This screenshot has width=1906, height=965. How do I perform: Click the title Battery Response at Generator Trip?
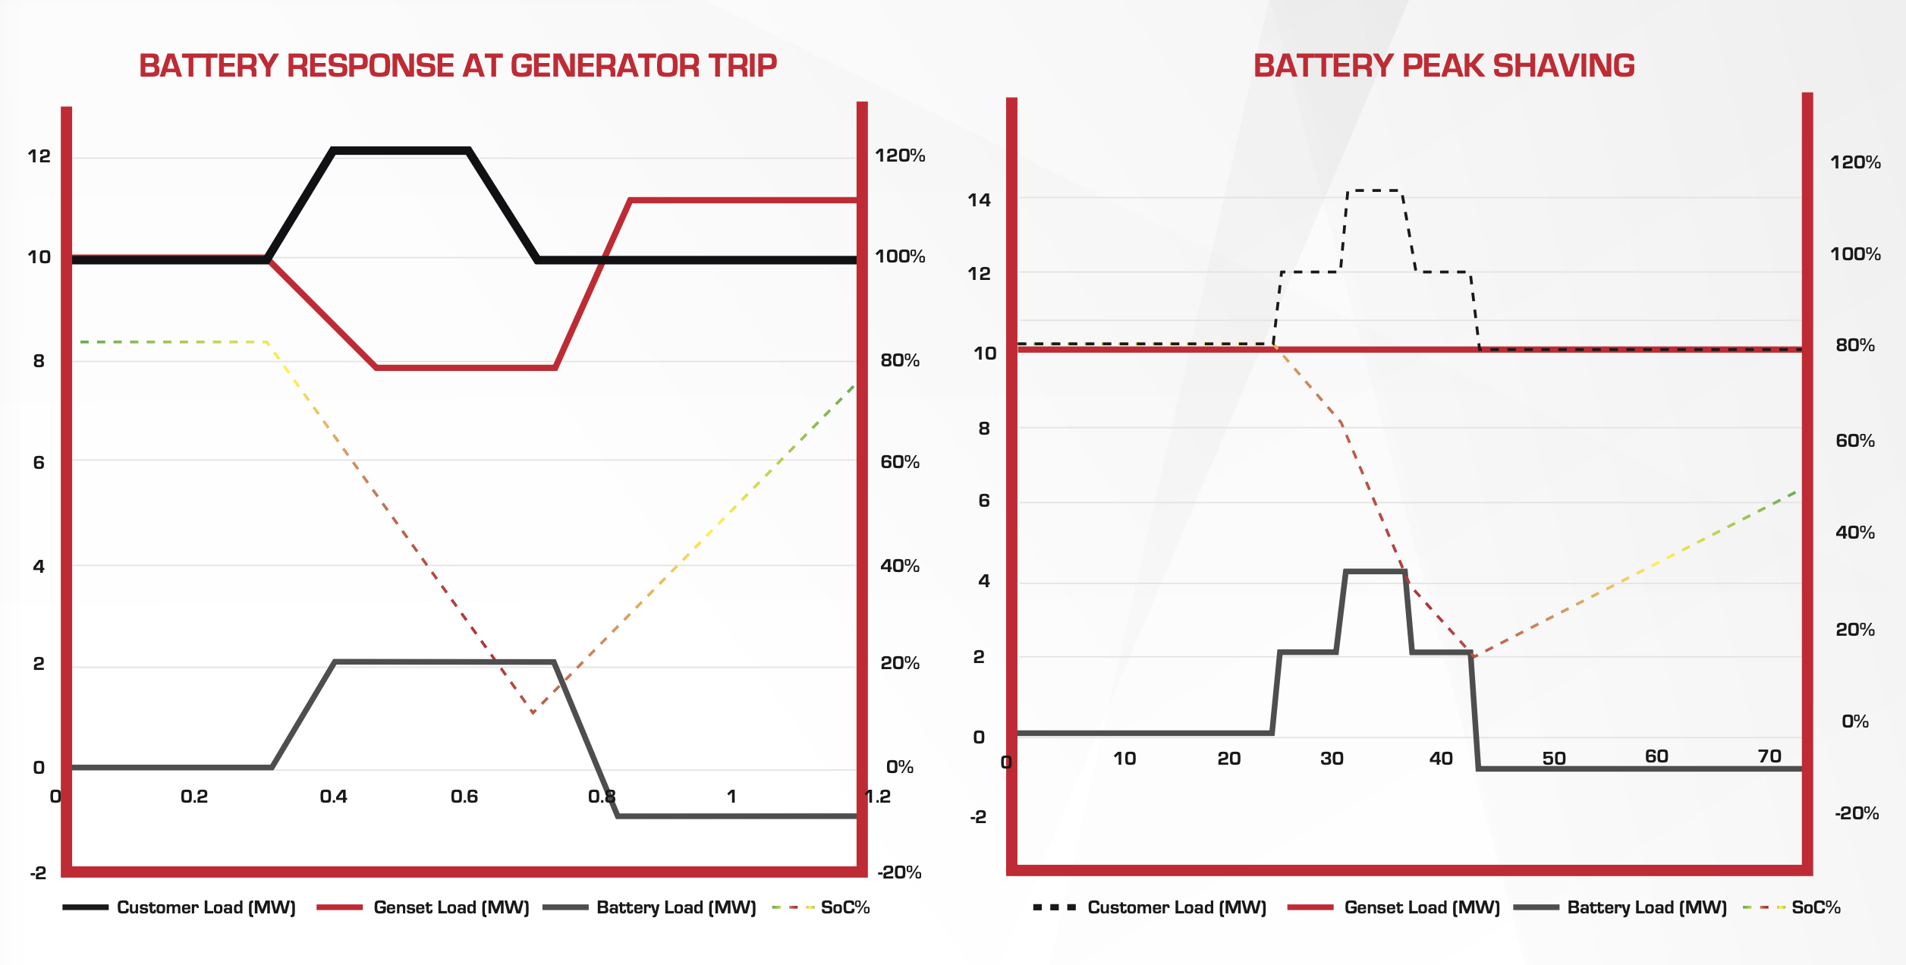pyautogui.click(x=458, y=66)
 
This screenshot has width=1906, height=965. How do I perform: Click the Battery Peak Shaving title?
pyautogui.click(x=1444, y=66)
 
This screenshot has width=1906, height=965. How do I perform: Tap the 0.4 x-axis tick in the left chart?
pyautogui.click(x=333, y=797)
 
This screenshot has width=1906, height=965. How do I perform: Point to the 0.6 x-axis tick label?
pyautogui.click(x=464, y=797)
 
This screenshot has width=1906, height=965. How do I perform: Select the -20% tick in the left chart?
pyautogui.click(x=899, y=872)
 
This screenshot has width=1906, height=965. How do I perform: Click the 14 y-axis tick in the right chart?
pyautogui.click(x=979, y=200)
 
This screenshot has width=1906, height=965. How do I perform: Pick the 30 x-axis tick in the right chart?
pyautogui.click(x=1332, y=759)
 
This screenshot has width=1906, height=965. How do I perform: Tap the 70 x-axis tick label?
pyautogui.click(x=1769, y=756)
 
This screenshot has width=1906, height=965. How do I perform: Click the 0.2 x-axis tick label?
pyautogui.click(x=194, y=797)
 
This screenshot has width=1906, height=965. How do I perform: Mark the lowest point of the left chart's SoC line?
pyautogui.click(x=533, y=713)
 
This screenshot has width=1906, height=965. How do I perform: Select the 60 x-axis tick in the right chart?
pyautogui.click(x=1656, y=756)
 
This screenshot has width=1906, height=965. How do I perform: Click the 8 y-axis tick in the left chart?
pyautogui.click(x=39, y=361)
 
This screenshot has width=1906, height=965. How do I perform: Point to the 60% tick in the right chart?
pyautogui.click(x=1855, y=441)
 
